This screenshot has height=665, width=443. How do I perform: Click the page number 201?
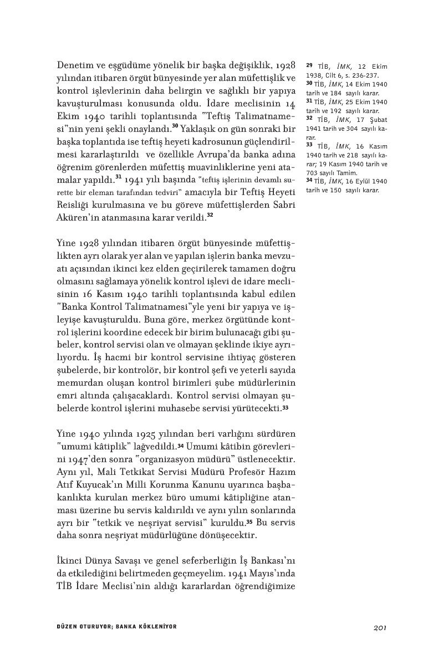[x=379, y=627]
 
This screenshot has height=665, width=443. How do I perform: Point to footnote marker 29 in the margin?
[x=309, y=66]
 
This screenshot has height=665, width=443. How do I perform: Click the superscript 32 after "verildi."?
[x=210, y=214]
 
